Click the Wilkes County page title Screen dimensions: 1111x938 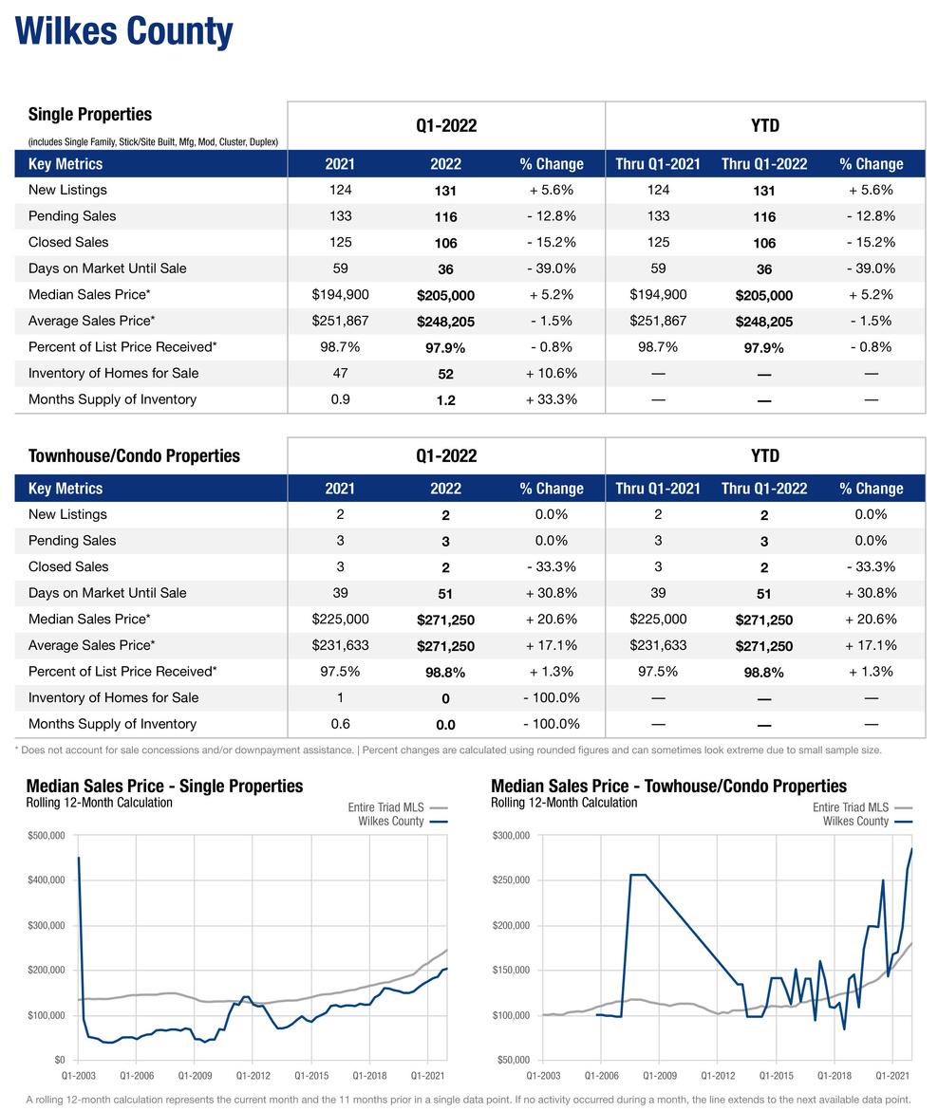[123, 31]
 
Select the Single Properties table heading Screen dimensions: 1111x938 [90, 114]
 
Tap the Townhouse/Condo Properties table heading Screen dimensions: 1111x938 [134, 455]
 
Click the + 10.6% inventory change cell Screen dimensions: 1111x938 [551, 373]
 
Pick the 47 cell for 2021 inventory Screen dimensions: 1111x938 [340, 373]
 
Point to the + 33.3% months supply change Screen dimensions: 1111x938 [551, 399]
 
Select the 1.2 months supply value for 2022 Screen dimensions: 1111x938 [445, 400]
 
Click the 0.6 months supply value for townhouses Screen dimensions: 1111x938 [340, 724]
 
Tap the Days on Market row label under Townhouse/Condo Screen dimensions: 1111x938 [107, 593]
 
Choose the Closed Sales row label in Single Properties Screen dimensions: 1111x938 [68, 242]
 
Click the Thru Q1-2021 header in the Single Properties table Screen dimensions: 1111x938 [658, 164]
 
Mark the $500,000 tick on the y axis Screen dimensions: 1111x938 [46, 835]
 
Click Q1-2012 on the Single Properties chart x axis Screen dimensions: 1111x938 [253, 1076]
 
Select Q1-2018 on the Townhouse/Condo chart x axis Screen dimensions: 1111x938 [835, 1076]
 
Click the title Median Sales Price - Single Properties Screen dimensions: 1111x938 [164, 786]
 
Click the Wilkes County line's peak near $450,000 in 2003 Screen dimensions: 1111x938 [79, 858]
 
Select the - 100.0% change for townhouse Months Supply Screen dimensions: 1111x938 [551, 724]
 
